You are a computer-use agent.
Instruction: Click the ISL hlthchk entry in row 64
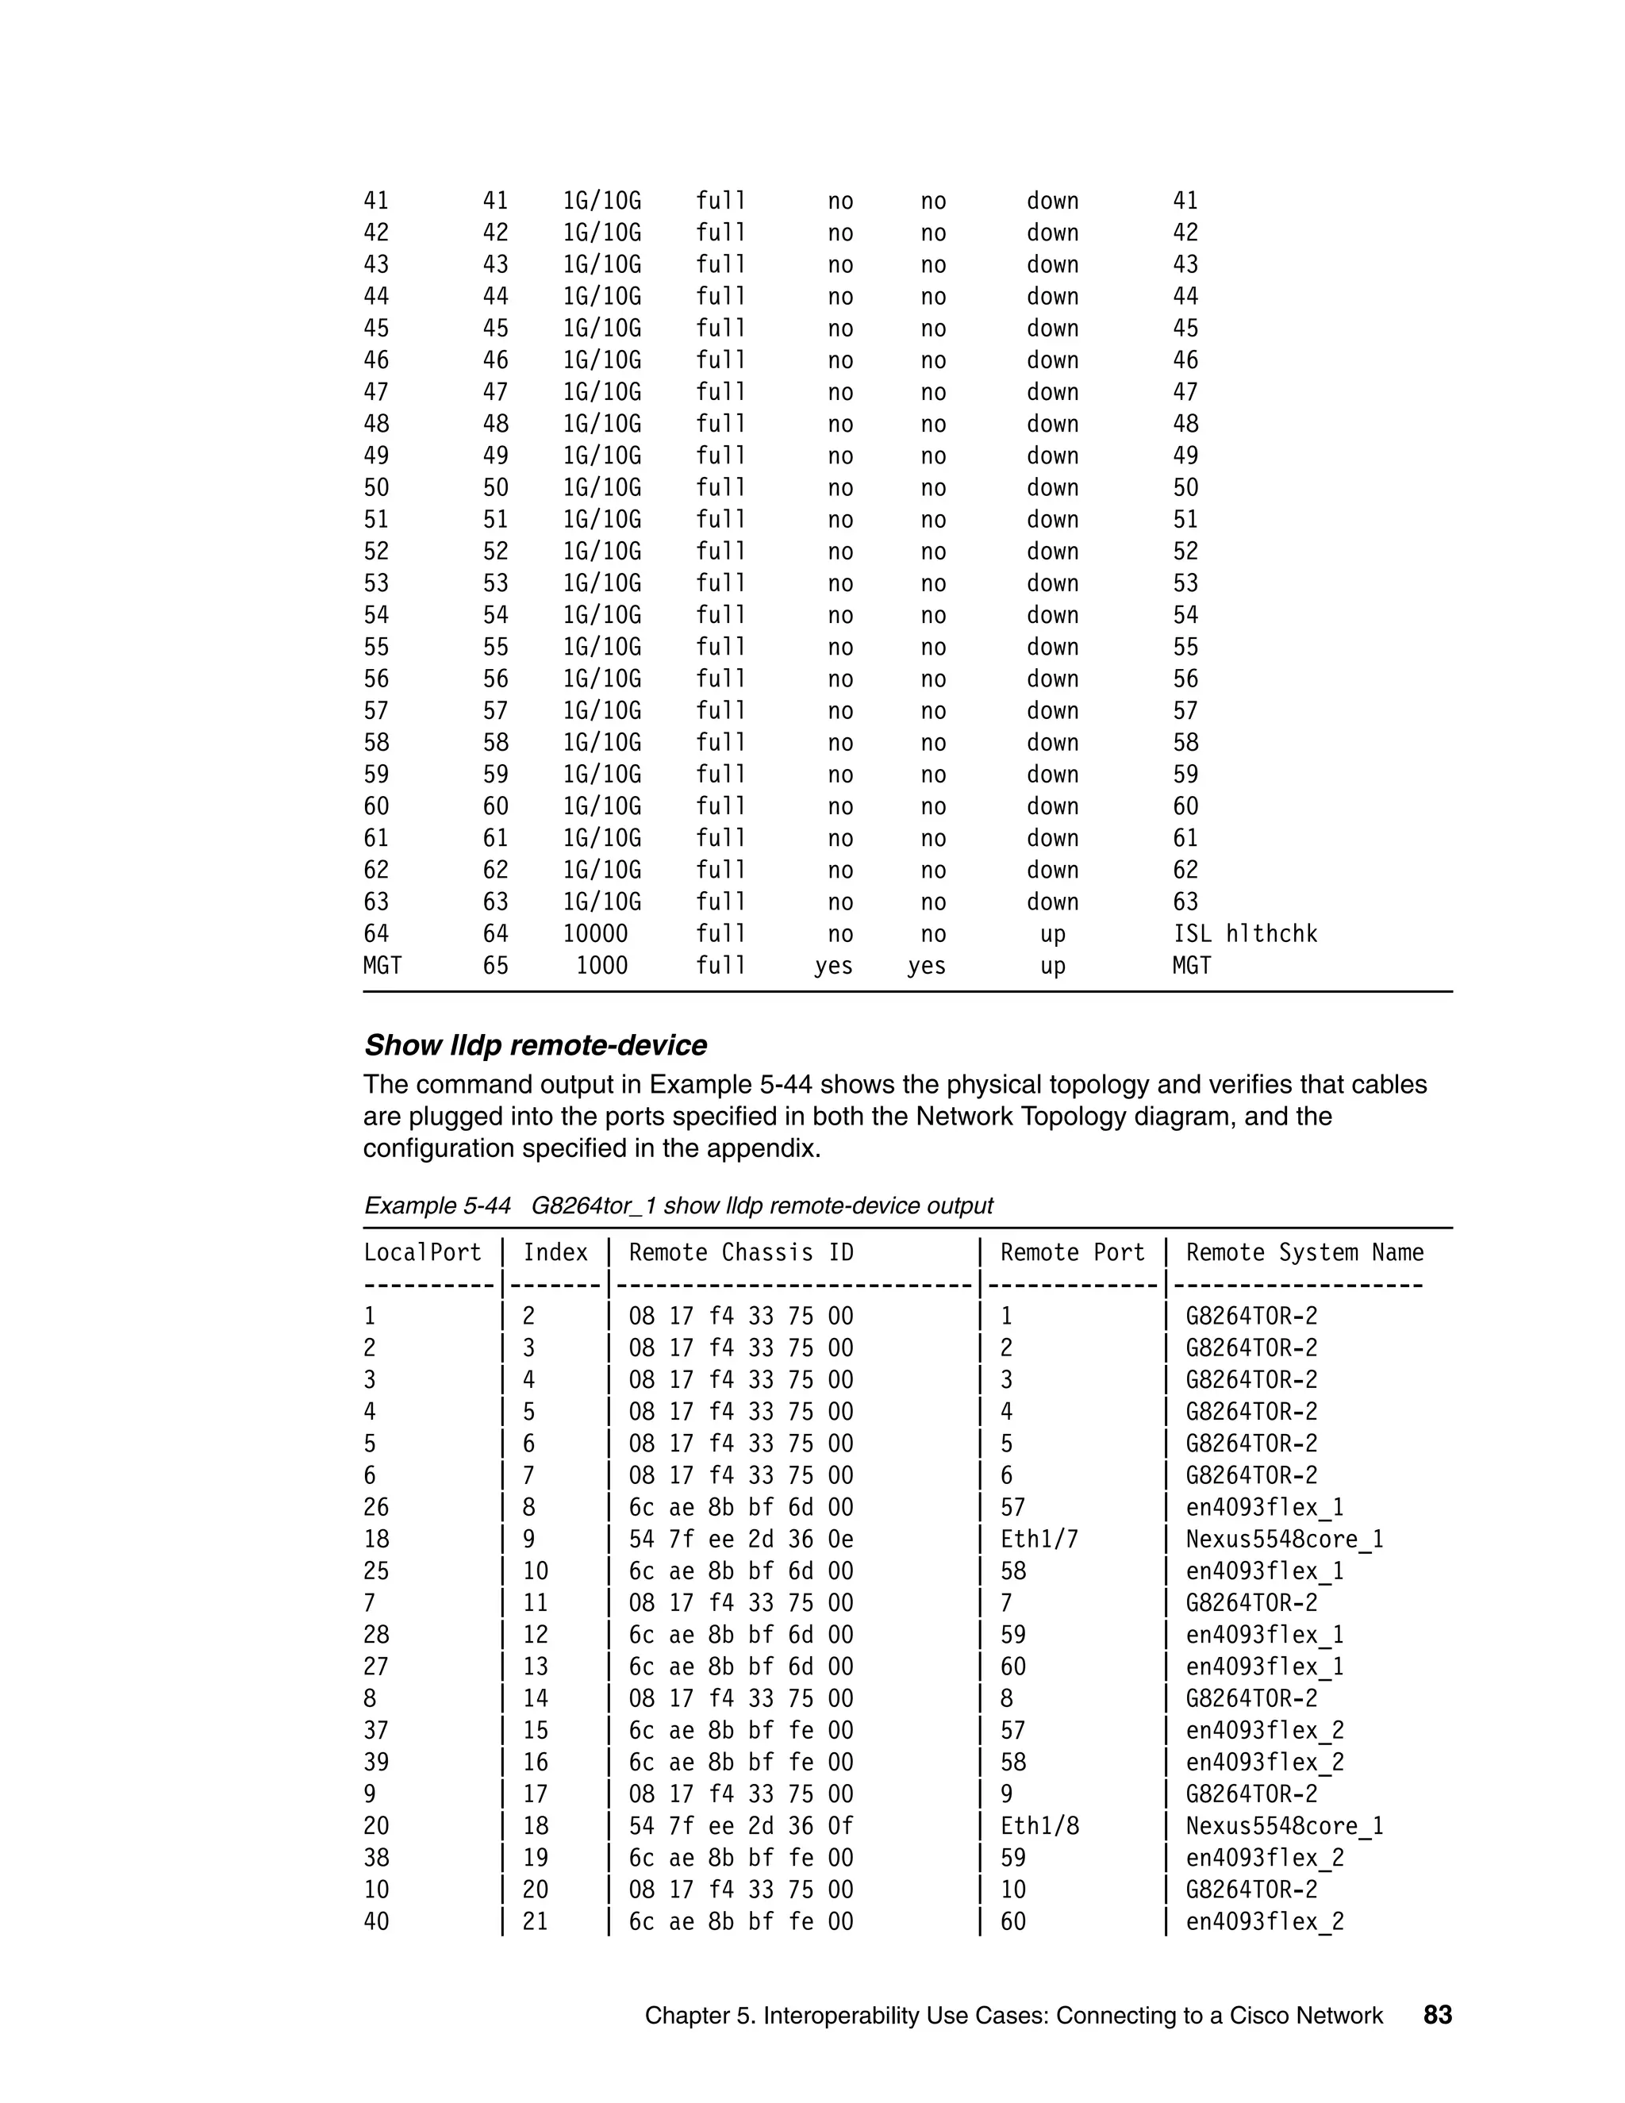tap(1244, 934)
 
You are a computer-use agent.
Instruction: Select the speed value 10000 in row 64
tap(595, 934)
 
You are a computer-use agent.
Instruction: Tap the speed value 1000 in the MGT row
tap(601, 966)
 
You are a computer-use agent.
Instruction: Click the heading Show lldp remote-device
tap(536, 1045)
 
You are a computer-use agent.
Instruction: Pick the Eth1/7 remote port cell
tap(1039, 1539)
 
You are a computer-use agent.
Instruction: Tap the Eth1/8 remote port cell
tap(1039, 1826)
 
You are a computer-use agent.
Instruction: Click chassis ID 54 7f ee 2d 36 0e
tap(740, 1539)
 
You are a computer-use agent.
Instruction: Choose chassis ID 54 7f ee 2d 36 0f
tap(740, 1826)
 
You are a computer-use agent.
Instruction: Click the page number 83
tap(1437, 2014)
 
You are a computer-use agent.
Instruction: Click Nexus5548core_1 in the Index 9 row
tap(1285, 1539)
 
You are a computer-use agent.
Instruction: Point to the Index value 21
tap(536, 1921)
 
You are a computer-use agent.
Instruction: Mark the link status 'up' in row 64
tap(1052, 934)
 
